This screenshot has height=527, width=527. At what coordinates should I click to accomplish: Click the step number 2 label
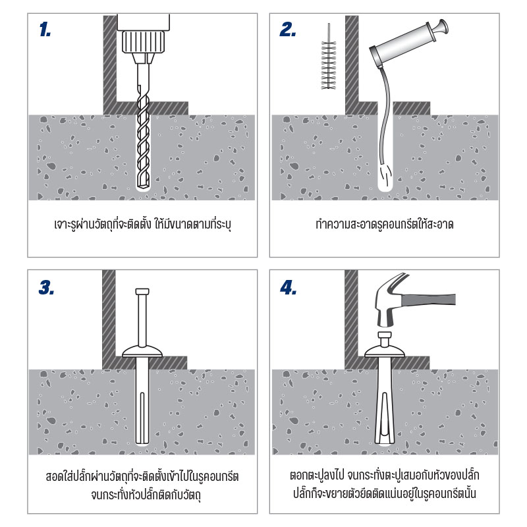(288, 30)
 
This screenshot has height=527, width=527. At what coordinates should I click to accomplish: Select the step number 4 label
(289, 287)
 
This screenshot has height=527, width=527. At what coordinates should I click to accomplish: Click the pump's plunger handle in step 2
(440, 27)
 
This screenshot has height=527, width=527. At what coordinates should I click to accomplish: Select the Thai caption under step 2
(386, 224)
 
